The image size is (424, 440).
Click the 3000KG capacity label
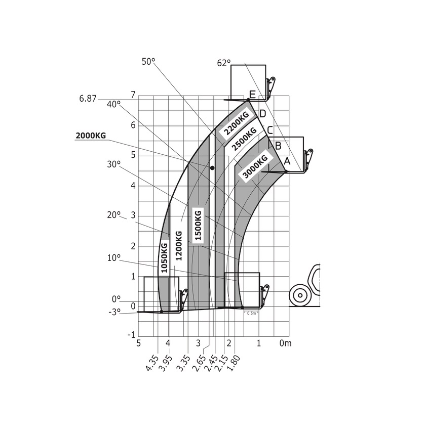click(x=255, y=166)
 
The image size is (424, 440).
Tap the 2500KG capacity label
click(x=245, y=139)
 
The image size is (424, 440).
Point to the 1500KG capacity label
click(x=198, y=225)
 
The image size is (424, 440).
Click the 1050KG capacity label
click(x=164, y=257)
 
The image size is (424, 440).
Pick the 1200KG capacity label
click(x=179, y=246)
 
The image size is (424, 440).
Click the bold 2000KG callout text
click(x=91, y=136)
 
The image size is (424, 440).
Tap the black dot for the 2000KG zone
click(x=212, y=168)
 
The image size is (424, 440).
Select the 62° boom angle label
click(x=224, y=63)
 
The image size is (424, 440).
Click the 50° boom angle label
click(x=148, y=62)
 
